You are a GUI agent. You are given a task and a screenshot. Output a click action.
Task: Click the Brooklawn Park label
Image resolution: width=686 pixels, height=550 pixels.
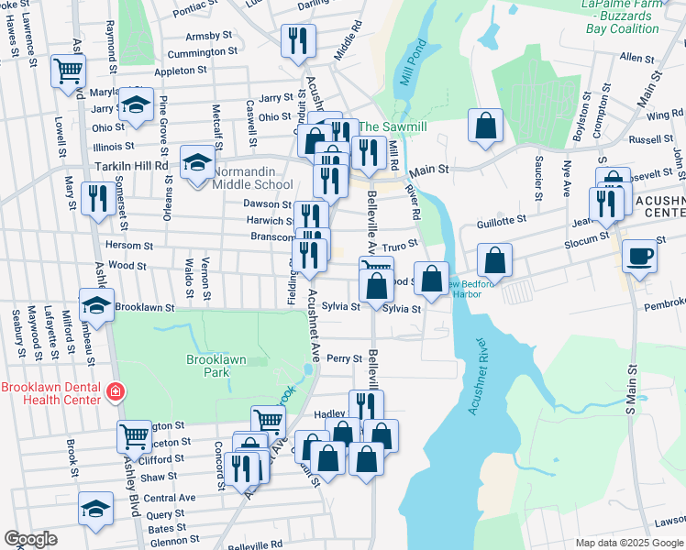216,367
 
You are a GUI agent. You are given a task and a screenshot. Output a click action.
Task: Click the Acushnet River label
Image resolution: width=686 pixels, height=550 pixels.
487,377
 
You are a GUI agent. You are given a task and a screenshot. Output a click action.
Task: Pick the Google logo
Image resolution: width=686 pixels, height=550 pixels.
30,539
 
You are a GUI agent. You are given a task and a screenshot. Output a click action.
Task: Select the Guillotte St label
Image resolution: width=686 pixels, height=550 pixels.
502,220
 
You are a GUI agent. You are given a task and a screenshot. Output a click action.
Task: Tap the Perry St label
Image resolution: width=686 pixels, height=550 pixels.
345,358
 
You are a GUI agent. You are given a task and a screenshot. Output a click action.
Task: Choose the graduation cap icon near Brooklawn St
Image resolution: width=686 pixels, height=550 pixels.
95,304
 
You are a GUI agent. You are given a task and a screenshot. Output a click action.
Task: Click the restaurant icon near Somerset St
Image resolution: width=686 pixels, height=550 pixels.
96,198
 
